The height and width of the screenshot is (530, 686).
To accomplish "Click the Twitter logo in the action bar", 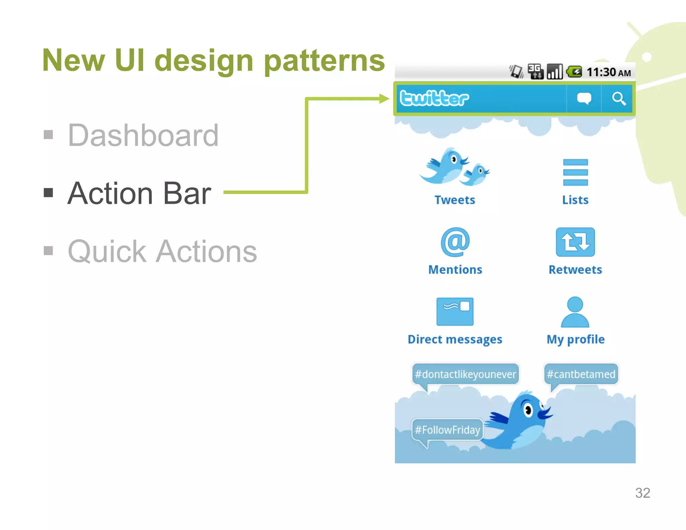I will [434, 98].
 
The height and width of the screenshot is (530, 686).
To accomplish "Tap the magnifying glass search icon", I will [618, 99].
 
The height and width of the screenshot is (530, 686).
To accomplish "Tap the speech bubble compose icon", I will [584, 98].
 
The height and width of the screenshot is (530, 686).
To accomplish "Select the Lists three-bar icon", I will [575, 172].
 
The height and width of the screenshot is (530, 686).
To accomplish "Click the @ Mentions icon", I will [455, 242].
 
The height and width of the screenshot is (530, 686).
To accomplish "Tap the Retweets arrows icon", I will [575, 242].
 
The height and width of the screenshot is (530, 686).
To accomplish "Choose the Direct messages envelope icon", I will [455, 311].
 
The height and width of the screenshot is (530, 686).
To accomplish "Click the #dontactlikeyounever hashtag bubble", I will [465, 374].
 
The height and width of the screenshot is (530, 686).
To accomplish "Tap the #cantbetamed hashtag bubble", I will [581, 374].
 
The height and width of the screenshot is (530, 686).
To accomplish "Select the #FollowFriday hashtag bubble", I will [447, 429].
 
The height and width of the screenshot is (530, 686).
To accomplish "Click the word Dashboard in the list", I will [143, 135].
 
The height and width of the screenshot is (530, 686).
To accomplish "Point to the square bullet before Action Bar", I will [49, 193].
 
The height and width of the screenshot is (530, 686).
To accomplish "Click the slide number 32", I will [642, 493].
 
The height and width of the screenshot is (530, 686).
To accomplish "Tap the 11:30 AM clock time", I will [608, 72].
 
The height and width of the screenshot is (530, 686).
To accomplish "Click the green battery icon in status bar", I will [574, 72].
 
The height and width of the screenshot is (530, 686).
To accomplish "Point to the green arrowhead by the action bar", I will [384, 98].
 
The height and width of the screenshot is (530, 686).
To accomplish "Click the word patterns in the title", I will [324, 61].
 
